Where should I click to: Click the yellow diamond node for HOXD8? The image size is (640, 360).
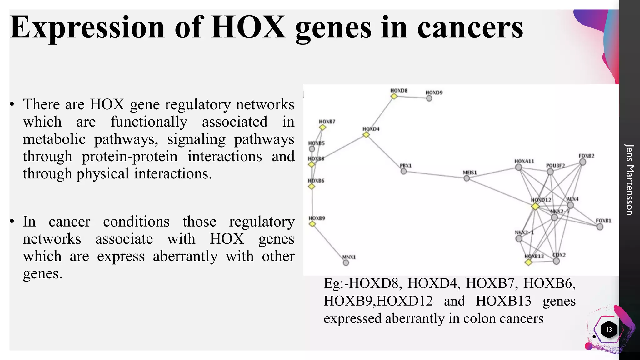pyautogui.click(x=394, y=96)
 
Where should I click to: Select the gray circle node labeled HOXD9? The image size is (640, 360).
pyautogui.click(x=429, y=98)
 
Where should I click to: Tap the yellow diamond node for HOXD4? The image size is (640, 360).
pyautogui.click(x=366, y=135)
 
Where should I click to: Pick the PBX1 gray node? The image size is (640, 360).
pyautogui.click(x=404, y=171)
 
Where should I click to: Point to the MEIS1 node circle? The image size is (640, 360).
pyautogui.click(x=467, y=178)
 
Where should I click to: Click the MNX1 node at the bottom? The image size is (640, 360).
pyautogui.click(x=346, y=263)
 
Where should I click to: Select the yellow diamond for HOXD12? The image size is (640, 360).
pyautogui.click(x=535, y=207)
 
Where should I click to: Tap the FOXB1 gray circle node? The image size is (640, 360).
pyautogui.click(x=600, y=227)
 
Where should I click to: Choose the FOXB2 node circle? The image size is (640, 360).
pyautogui.click(x=582, y=162)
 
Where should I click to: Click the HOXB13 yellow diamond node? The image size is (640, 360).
pyautogui.click(x=528, y=262)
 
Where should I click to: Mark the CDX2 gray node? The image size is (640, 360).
pyautogui.click(x=556, y=261)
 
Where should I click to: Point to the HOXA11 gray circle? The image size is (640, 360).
pyautogui.click(x=518, y=167)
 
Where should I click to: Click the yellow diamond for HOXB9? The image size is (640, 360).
pyautogui.click(x=312, y=224)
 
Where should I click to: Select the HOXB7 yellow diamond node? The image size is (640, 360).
pyautogui.click(x=323, y=127)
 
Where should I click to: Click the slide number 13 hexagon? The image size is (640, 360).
pyautogui.click(x=609, y=330)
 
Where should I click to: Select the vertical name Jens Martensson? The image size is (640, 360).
pyautogui.click(x=629, y=179)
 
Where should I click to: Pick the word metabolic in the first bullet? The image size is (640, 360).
pyautogui.click(x=54, y=139)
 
